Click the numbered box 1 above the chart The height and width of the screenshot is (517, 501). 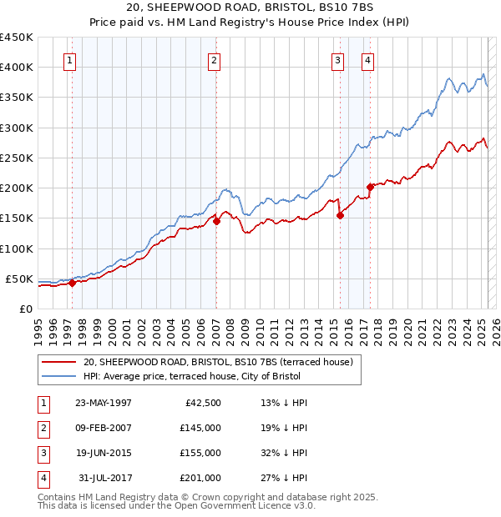[x=69, y=60]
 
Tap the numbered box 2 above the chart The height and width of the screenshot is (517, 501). [x=215, y=60]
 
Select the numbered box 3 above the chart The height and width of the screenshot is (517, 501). [x=337, y=60]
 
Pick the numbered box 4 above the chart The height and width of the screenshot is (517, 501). [x=367, y=60]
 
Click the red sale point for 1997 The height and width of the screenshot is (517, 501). [x=72, y=283]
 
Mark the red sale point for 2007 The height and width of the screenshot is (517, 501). [x=215, y=221]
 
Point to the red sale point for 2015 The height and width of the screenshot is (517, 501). [x=340, y=215]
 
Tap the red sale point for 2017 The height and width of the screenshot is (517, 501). [x=371, y=187]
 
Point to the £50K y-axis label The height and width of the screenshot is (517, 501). [x=19, y=279]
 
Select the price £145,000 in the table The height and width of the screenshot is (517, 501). [x=200, y=428]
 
